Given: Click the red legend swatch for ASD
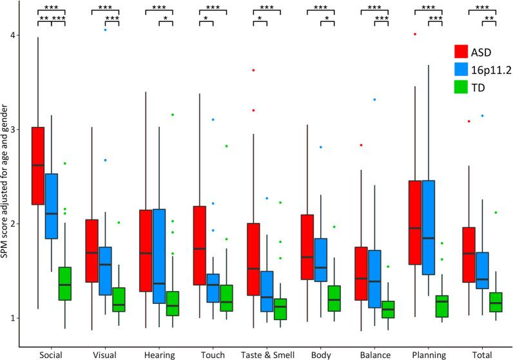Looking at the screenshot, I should [461, 52].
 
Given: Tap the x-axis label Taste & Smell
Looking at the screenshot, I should [264, 353].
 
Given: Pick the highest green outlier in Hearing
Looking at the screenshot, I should [173, 115].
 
